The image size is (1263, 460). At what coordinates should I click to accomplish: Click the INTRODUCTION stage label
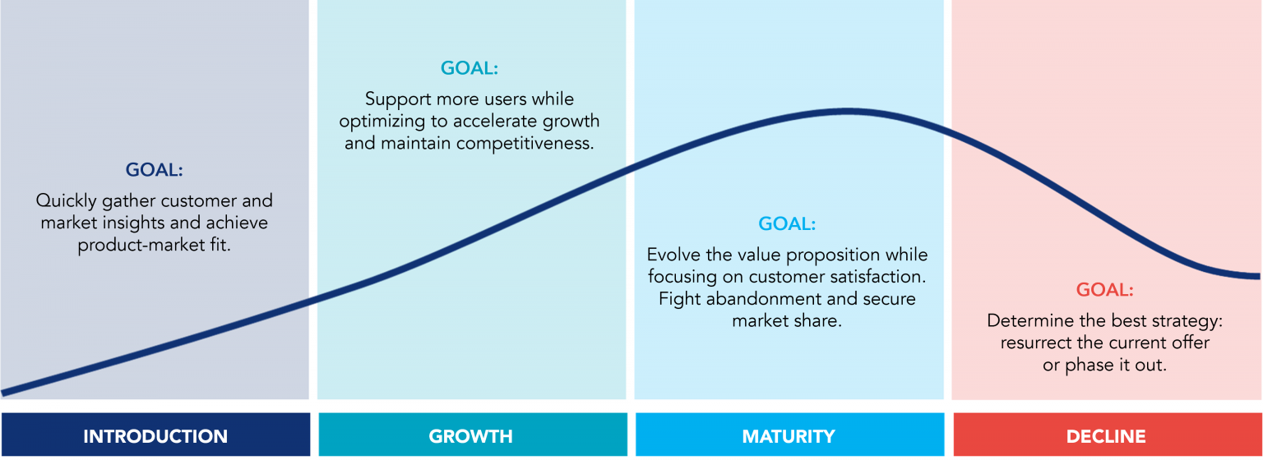click(x=155, y=436)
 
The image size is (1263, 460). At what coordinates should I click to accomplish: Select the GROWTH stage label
click(x=470, y=436)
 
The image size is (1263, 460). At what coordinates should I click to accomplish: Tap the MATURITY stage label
click(x=788, y=436)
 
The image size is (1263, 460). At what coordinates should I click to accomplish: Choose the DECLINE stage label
click(x=1105, y=436)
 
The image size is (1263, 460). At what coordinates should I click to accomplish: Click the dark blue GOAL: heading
click(x=155, y=170)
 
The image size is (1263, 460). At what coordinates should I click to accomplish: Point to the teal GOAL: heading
click(x=470, y=68)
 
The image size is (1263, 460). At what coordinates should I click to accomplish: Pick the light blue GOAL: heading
click(x=787, y=223)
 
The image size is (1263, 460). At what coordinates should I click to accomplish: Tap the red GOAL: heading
click(x=1104, y=290)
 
